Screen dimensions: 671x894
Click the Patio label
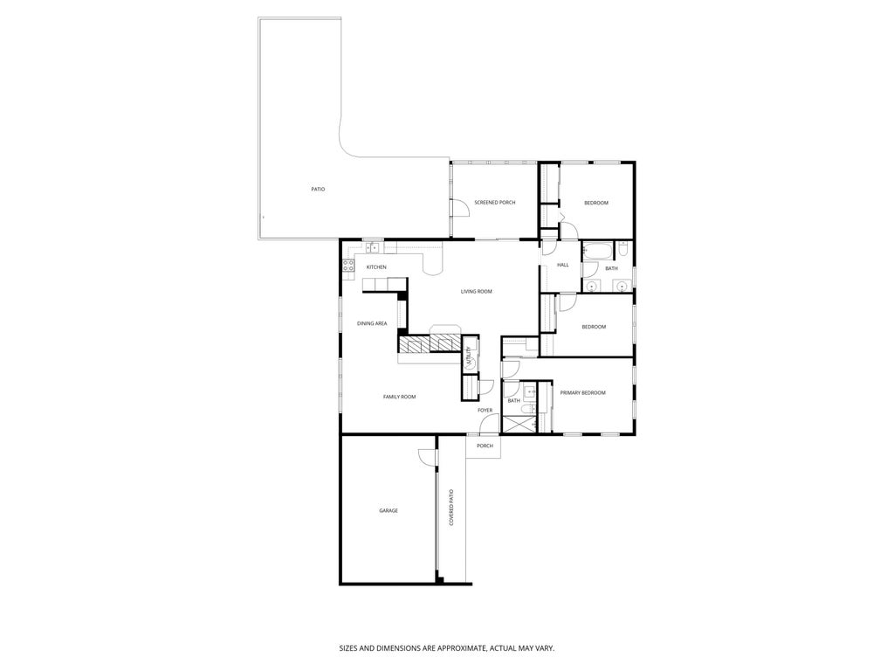pyautogui.click(x=318, y=189)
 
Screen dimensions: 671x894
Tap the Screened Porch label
pyautogui.click(x=494, y=203)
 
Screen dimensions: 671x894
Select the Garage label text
pyautogui.click(x=388, y=510)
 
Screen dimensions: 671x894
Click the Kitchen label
pyautogui.click(x=376, y=267)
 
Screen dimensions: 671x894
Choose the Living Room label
pyautogui.click(x=477, y=291)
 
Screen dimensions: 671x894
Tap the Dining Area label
pyautogui.click(x=372, y=323)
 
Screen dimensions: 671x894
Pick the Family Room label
pyautogui.click(x=399, y=397)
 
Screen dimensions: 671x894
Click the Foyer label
pyautogui.click(x=485, y=410)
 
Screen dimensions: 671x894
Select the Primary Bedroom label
pyautogui.click(x=582, y=393)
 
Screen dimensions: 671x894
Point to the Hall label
pyautogui.click(x=562, y=265)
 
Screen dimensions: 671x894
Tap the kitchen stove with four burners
pyautogui.click(x=348, y=265)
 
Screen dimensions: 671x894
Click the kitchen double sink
pyautogui.click(x=372, y=248)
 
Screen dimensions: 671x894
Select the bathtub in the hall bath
pyautogui.click(x=598, y=252)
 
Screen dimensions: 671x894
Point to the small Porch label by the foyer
pyautogui.click(x=485, y=446)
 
